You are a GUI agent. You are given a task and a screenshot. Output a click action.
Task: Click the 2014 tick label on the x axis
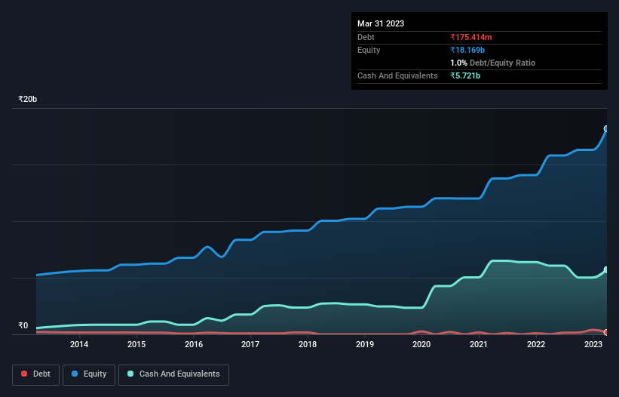pos(79,345)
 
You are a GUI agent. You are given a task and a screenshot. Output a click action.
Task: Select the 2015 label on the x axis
pos(136,345)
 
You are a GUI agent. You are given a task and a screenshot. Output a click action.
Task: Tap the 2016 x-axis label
pos(194,345)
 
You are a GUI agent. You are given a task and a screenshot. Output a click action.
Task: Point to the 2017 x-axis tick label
pos(251,345)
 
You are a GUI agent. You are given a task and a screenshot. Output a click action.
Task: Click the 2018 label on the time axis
pos(308,345)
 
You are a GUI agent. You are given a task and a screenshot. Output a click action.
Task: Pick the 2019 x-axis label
pos(365,345)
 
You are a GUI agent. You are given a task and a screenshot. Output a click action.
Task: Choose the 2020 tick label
pos(422,345)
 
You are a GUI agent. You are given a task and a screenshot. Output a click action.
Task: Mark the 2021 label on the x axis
pos(479,345)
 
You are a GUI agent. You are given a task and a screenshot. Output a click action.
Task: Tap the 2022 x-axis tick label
pos(536,345)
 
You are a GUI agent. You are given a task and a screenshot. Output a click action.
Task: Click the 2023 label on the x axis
pos(593,345)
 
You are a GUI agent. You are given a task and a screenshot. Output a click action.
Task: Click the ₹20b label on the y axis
pos(28,100)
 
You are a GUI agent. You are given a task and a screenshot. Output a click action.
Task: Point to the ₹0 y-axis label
pos(23,326)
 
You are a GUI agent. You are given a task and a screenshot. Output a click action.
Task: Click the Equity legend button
pos(89,374)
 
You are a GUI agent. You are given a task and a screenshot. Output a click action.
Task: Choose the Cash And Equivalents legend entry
pos(173,374)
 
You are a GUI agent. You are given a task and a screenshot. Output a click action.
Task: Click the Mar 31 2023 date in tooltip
pos(381,23)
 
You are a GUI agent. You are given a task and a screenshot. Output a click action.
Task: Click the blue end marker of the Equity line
pos(606,129)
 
